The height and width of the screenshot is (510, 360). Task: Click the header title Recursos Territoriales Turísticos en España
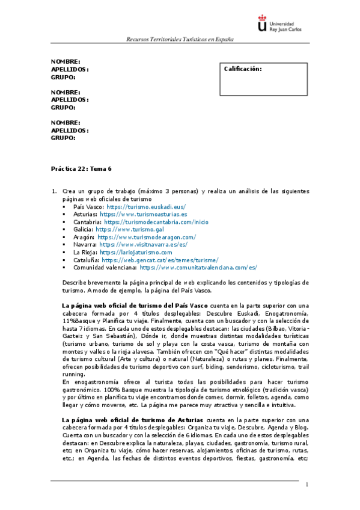pyautogui.click(x=180, y=40)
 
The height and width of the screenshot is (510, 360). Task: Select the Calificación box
pyautogui.click(x=264, y=79)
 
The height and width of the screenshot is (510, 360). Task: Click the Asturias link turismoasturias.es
pyautogui.click(x=144, y=214)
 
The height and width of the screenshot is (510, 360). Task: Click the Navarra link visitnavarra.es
pyautogui.click(x=143, y=245)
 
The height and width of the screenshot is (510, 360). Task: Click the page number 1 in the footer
pyautogui.click(x=307, y=485)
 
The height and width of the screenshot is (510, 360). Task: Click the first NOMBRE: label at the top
pyautogui.click(x=66, y=61)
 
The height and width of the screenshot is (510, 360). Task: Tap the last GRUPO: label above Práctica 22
pyautogui.click(x=63, y=138)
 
